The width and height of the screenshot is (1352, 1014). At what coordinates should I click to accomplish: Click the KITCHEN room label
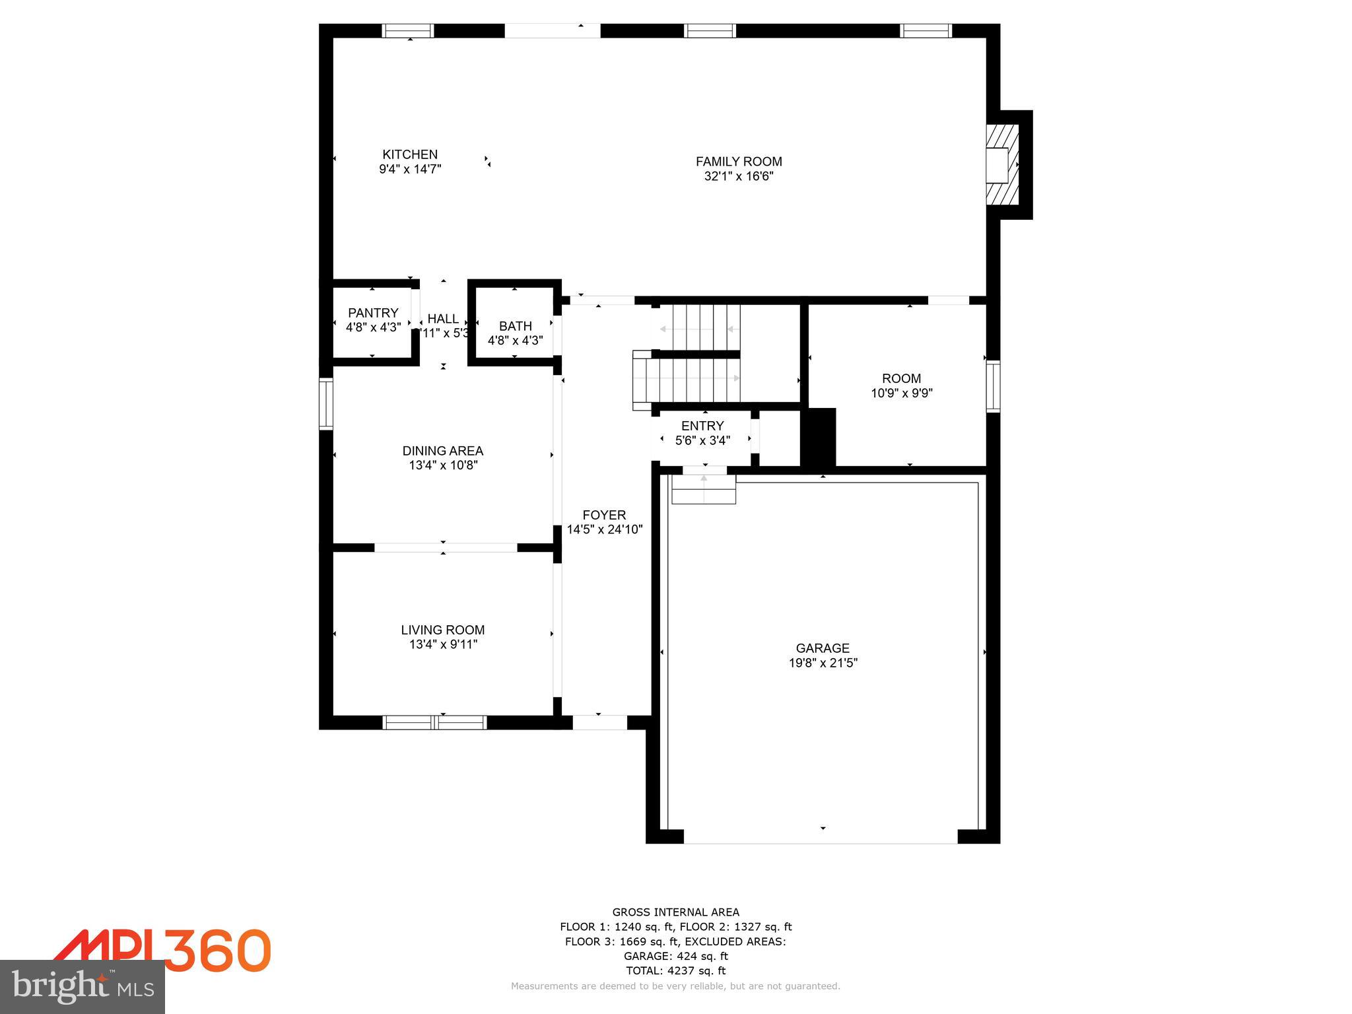click(x=410, y=154)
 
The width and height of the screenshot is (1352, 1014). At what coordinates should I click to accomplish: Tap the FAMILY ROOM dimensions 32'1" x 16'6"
click(x=738, y=176)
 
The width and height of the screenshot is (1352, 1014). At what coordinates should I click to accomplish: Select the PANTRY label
click(x=373, y=313)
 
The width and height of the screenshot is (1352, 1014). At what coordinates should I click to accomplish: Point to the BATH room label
click(x=515, y=326)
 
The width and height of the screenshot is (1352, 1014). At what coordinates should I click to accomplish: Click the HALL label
click(x=443, y=319)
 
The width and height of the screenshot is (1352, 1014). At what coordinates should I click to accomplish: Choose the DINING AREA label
click(x=442, y=451)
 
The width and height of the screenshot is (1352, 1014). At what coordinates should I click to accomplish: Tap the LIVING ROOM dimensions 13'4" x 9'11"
click(x=442, y=644)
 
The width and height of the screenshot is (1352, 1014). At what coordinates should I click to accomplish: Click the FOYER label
click(x=604, y=515)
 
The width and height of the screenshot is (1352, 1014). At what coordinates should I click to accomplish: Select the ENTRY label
click(x=702, y=426)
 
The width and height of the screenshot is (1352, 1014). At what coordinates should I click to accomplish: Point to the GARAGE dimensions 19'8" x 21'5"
click(x=823, y=663)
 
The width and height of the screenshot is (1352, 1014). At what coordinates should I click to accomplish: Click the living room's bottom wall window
click(x=435, y=722)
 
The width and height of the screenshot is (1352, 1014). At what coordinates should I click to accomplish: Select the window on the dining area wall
click(x=326, y=403)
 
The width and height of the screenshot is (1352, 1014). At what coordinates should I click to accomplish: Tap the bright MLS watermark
click(x=83, y=986)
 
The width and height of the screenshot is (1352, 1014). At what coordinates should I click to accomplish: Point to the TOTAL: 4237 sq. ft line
click(x=675, y=970)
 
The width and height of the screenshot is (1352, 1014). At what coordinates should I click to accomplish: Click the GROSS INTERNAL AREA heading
click(x=675, y=912)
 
